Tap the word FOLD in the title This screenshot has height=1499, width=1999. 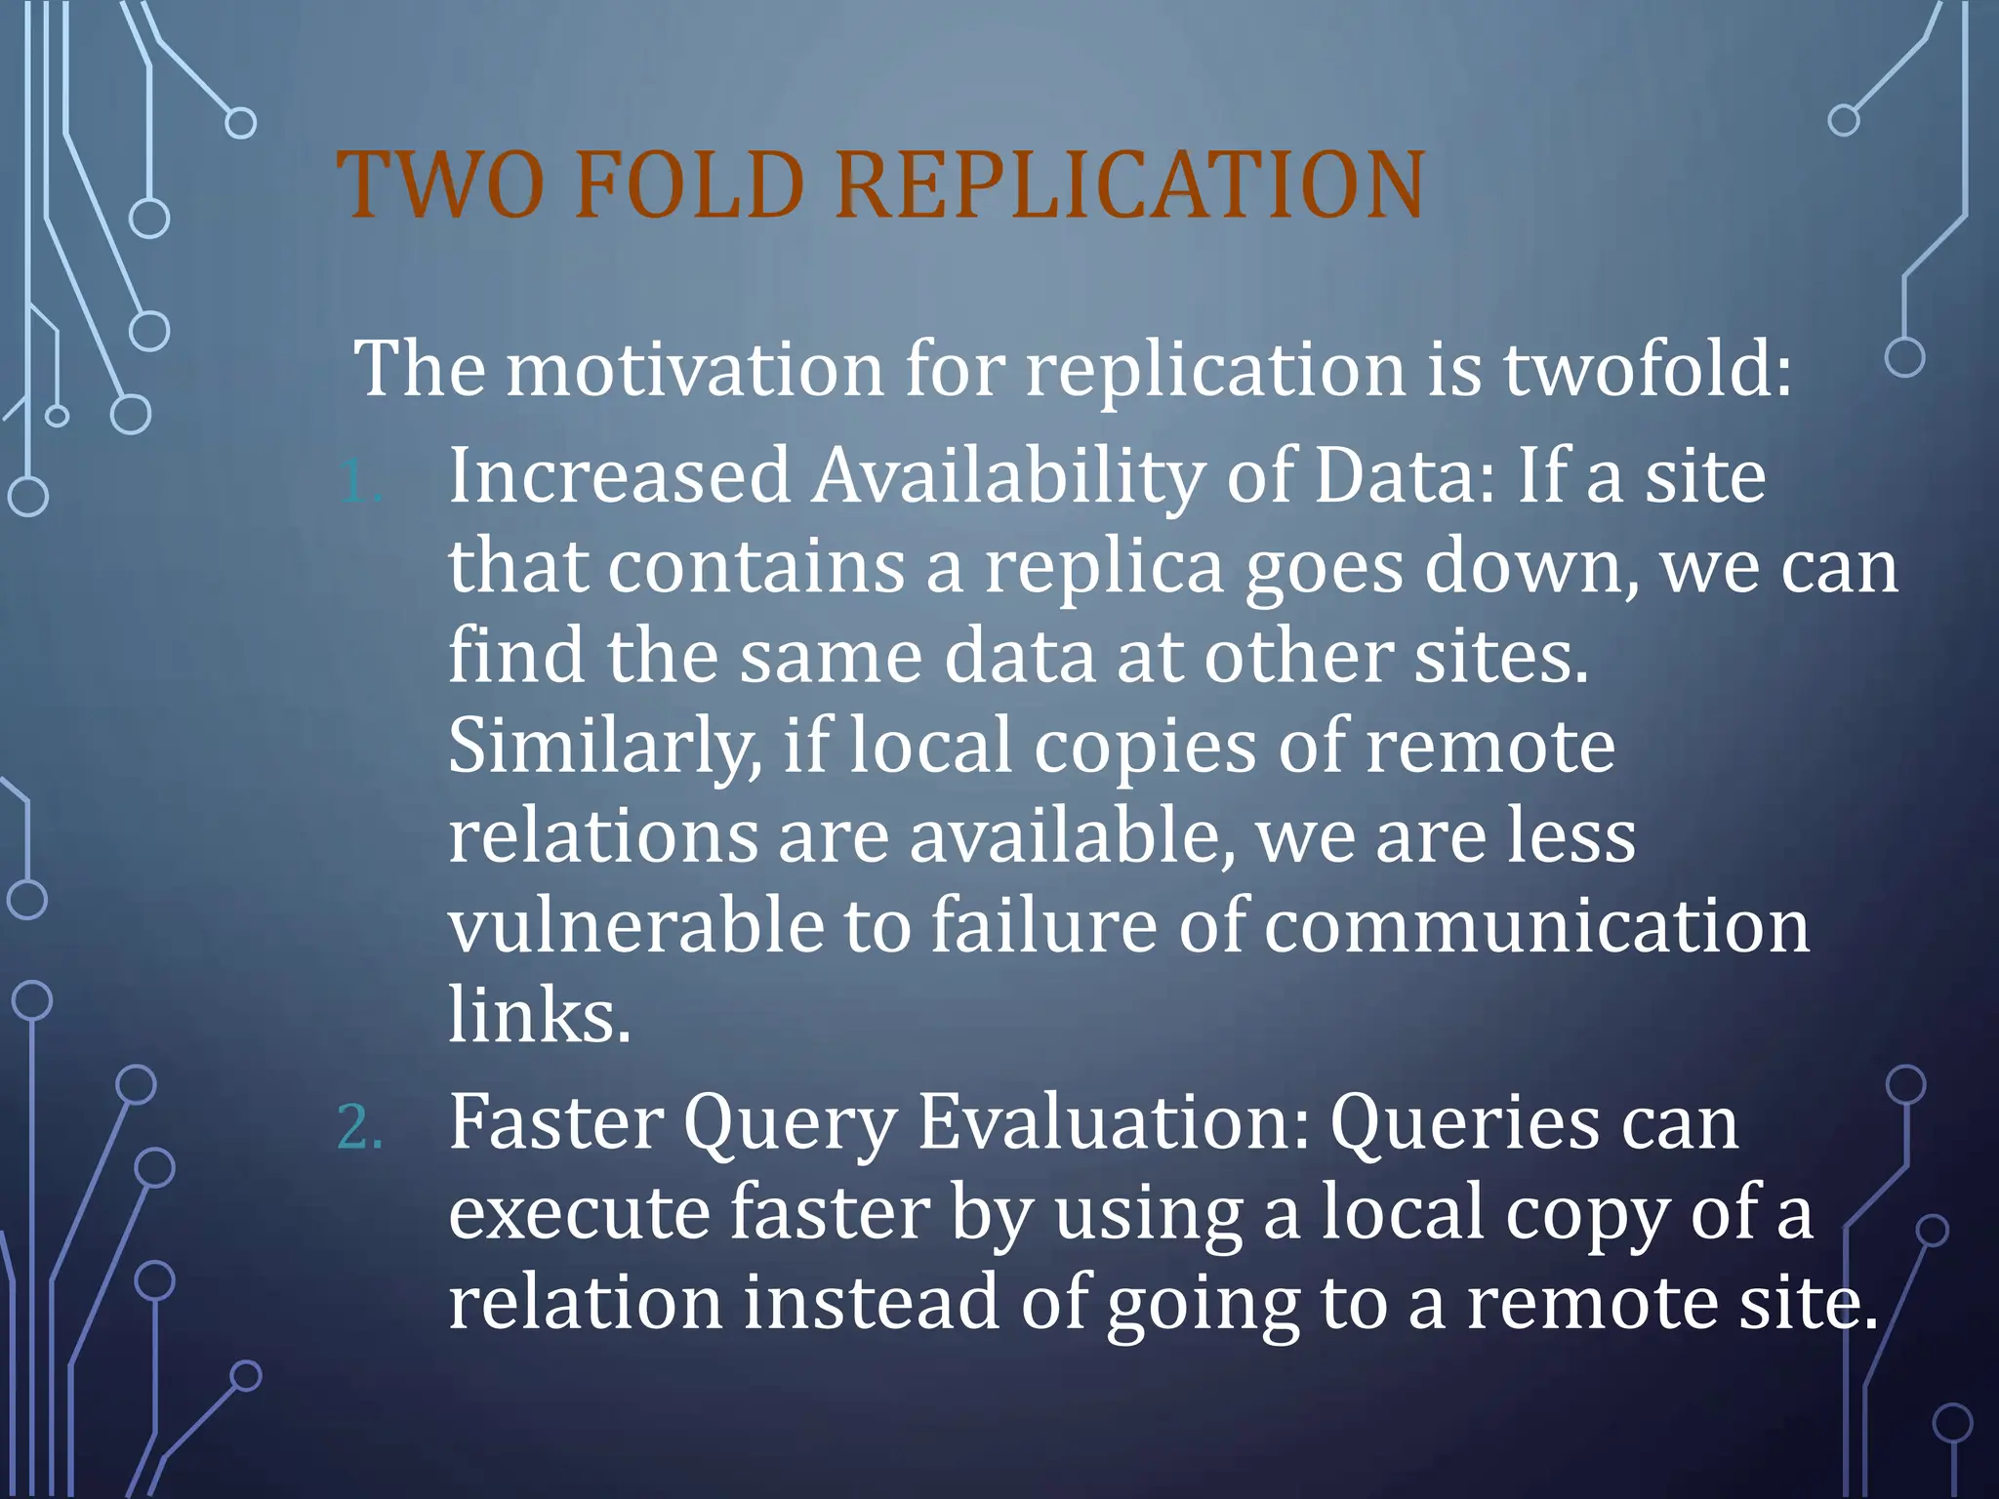coord(689,185)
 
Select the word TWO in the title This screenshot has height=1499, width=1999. coord(440,185)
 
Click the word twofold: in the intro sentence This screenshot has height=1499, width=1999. coord(1648,369)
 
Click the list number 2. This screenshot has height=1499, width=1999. coord(358,1128)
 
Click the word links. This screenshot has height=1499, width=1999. coord(540,1015)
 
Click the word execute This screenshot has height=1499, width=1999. coord(579,1213)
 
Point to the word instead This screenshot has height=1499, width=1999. coord(871,1303)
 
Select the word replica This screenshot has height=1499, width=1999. coord(1103,568)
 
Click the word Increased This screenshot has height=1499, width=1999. coord(619,476)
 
